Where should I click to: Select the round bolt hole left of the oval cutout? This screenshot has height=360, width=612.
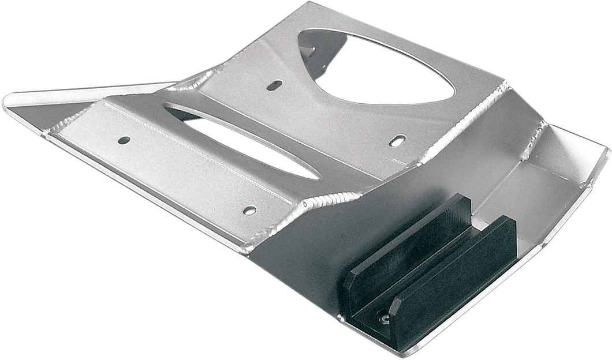tap(124, 140)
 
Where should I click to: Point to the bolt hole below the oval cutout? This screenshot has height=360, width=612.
tap(249, 209)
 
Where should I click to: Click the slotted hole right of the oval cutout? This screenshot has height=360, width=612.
tap(397, 140)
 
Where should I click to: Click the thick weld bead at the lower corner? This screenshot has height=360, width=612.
tap(316, 202)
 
